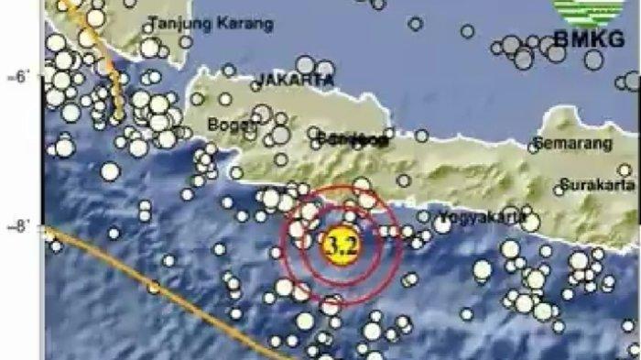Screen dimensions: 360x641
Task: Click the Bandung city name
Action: click(x=348, y=139)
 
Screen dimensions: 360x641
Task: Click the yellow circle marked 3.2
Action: click(x=340, y=245)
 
